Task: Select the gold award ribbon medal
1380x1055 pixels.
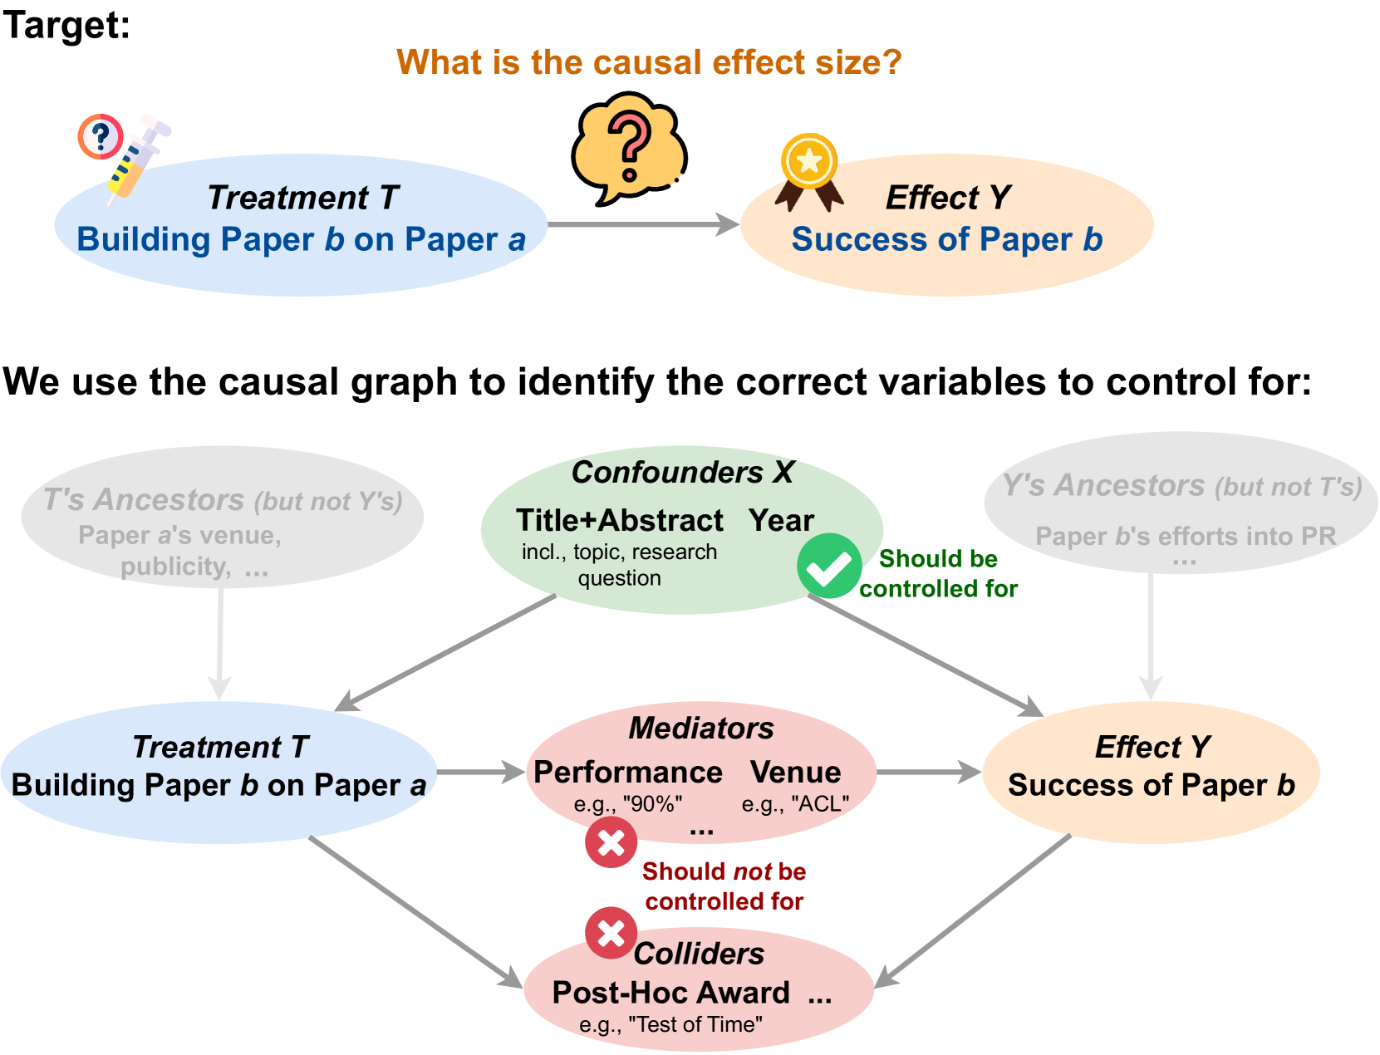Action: coord(809,170)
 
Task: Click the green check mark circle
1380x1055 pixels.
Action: coord(829,566)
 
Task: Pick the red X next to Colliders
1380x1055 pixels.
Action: coord(611,933)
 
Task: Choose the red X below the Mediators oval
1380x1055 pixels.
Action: coord(611,842)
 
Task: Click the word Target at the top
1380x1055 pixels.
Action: coord(66,25)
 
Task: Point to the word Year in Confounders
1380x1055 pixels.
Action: coord(781,521)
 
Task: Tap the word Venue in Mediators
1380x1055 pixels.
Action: coord(795,772)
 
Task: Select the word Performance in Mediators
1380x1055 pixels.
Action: coord(627,772)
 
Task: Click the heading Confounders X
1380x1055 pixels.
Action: coord(683,472)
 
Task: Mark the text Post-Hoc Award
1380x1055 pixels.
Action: coord(670,993)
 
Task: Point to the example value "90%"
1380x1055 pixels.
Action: coord(652,804)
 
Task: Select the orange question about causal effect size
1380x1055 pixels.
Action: coord(649,62)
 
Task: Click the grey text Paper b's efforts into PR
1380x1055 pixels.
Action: coord(1185,537)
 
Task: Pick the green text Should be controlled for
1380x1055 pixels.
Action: coord(938,573)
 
